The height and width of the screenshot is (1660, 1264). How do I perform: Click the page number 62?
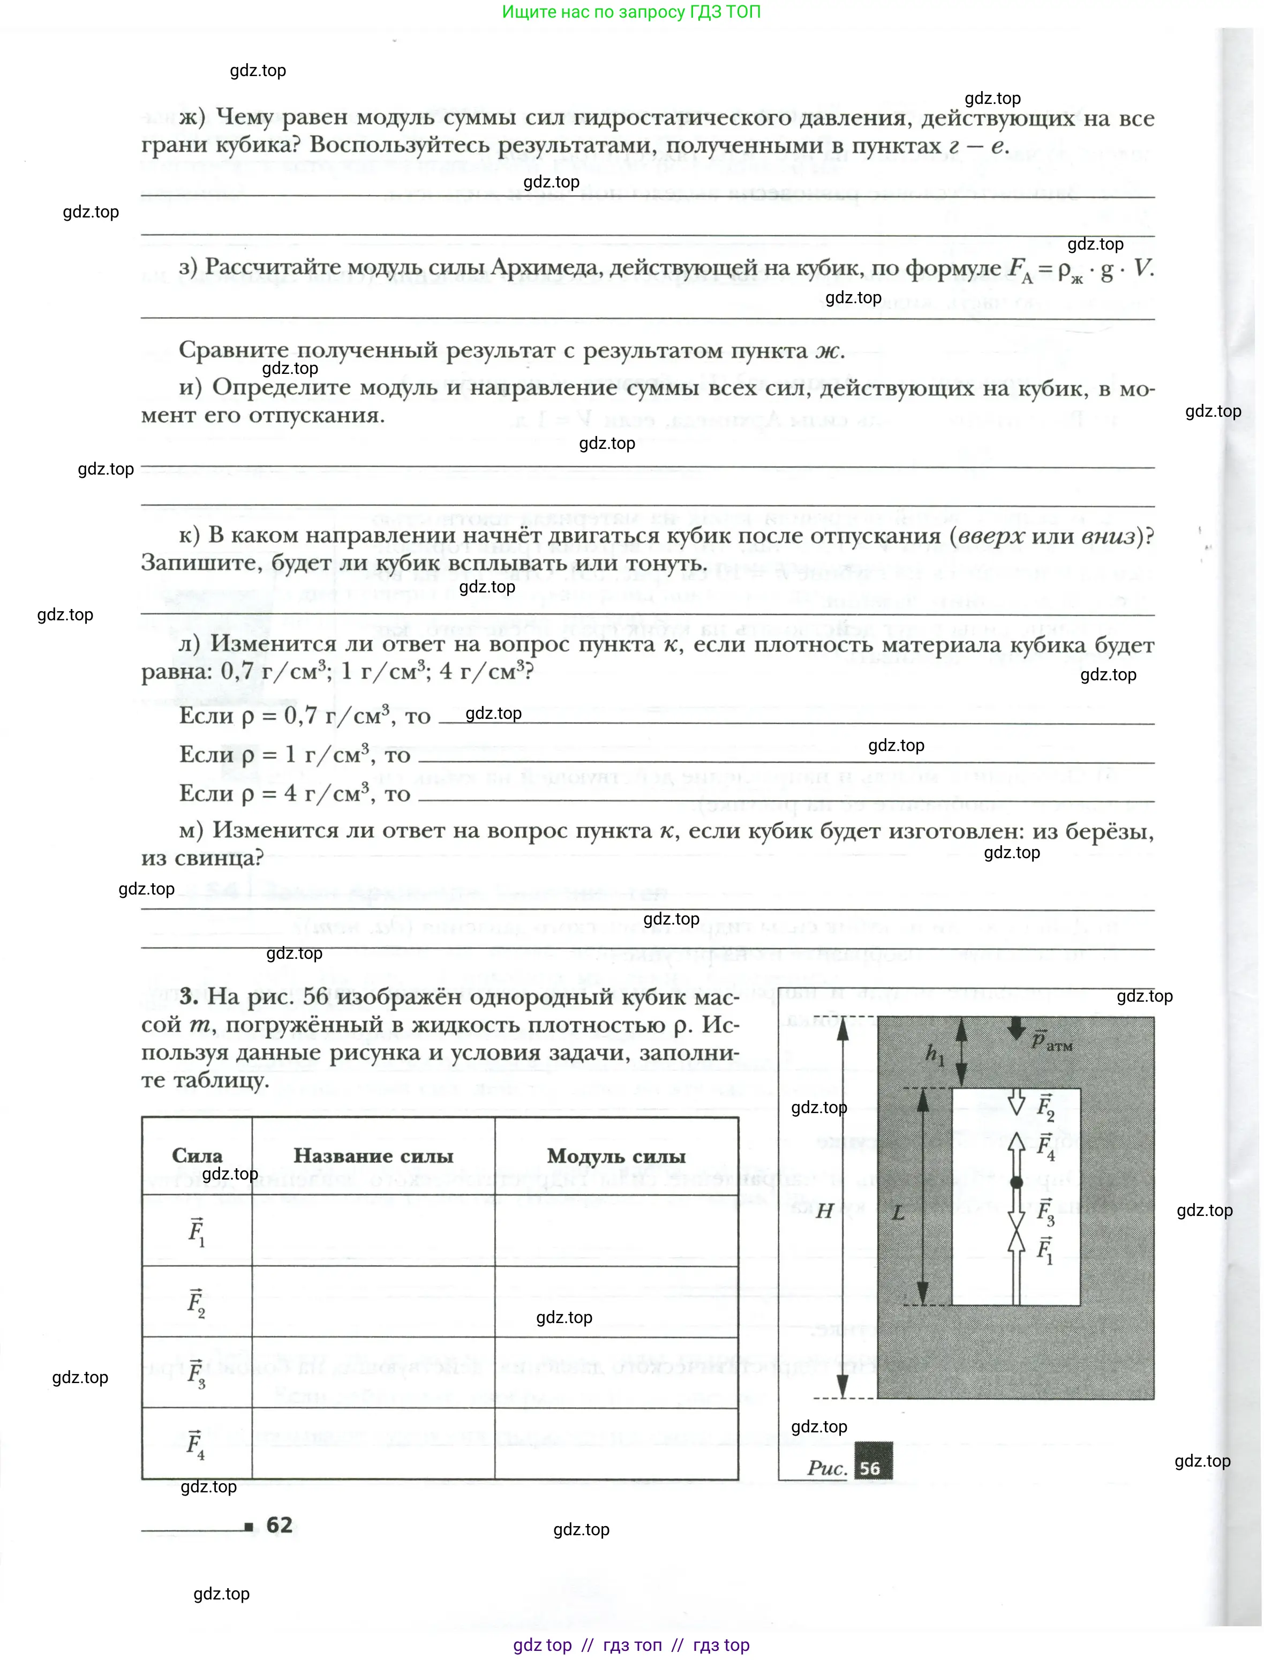click(279, 1524)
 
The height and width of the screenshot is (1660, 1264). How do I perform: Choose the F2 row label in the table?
click(197, 1303)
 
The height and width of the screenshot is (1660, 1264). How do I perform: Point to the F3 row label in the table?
click(197, 1373)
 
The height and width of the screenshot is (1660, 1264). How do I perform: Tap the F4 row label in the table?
click(197, 1444)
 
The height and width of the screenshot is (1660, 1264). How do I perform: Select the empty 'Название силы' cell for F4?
click(373, 1444)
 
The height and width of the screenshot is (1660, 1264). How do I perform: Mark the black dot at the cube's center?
click(1017, 1182)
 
